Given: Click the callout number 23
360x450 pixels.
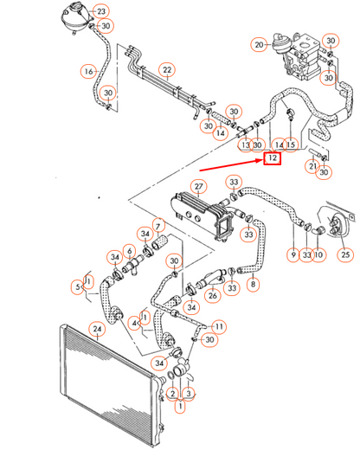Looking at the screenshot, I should click(102, 11).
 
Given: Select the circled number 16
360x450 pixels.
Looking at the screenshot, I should click(88, 70).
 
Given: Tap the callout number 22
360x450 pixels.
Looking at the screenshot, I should click(167, 69).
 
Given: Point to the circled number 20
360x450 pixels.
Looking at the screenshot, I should click(259, 42).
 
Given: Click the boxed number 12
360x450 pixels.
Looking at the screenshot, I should click(272, 158).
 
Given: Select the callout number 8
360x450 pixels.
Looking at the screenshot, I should click(254, 283).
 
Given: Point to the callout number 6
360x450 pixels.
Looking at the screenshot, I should click(129, 252).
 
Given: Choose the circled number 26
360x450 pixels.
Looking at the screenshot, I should click(211, 295).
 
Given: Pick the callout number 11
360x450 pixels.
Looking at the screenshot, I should click(220, 325).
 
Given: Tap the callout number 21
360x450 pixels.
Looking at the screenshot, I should click(312, 166).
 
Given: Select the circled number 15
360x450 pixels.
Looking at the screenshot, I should click(291, 144).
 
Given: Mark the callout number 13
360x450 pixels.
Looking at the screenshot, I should click(246, 145).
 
